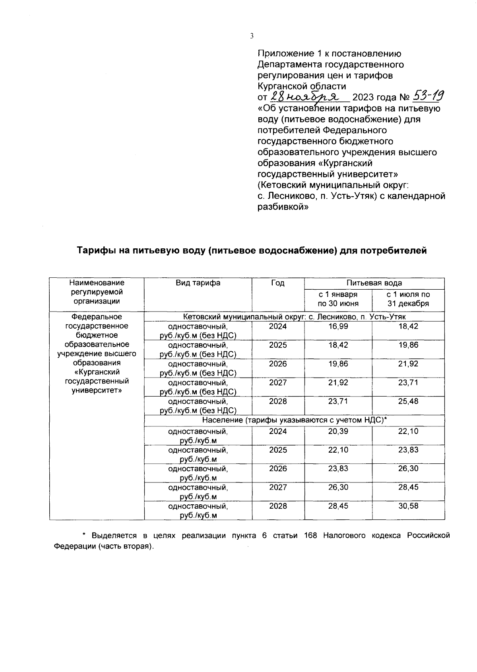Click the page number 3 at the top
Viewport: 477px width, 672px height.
pos(251,36)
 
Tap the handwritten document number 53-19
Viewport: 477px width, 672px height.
pos(428,96)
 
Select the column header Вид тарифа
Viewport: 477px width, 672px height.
pos(198,283)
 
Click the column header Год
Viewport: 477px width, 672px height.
pos(278,283)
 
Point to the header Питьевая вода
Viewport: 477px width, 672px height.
pos(374,283)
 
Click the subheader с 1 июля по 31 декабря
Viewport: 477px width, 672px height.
pos(408,299)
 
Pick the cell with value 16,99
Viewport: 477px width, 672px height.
pos(338,326)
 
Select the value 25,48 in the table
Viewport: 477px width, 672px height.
pos(408,401)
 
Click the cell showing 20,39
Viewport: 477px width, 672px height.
pos(338,431)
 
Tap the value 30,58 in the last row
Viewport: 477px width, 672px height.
pos(408,506)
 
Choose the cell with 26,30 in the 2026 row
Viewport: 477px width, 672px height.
pos(408,469)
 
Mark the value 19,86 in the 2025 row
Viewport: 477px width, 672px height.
pos(408,345)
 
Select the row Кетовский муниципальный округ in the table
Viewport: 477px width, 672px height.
pos(294,317)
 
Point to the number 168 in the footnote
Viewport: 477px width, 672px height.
pos(310,536)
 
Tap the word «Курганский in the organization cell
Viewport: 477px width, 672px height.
pos(97,372)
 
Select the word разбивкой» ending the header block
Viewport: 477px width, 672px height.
pos(283,207)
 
